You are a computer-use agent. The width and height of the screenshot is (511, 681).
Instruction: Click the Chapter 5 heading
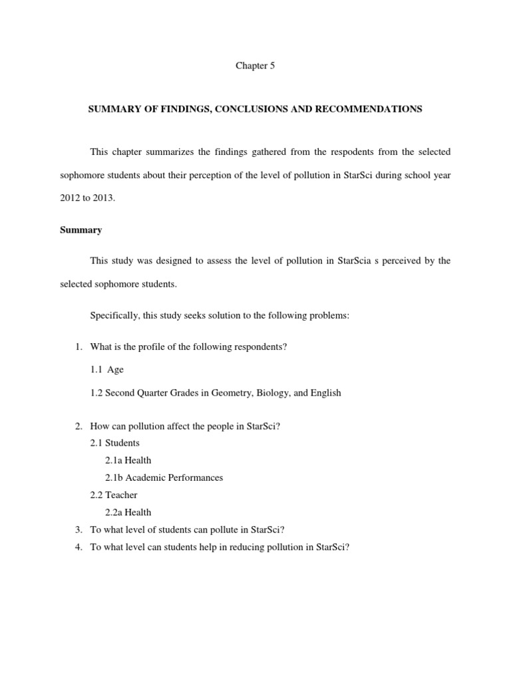[x=255, y=66]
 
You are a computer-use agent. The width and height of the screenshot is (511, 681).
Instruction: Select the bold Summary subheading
[x=81, y=230]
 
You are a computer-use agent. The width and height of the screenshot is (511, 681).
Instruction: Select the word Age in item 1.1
[x=115, y=370]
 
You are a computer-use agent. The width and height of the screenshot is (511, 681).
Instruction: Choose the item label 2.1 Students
[x=114, y=443]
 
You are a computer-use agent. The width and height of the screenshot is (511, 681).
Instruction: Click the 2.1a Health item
[x=128, y=460]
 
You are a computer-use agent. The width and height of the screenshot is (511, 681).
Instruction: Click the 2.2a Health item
[x=128, y=512]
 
